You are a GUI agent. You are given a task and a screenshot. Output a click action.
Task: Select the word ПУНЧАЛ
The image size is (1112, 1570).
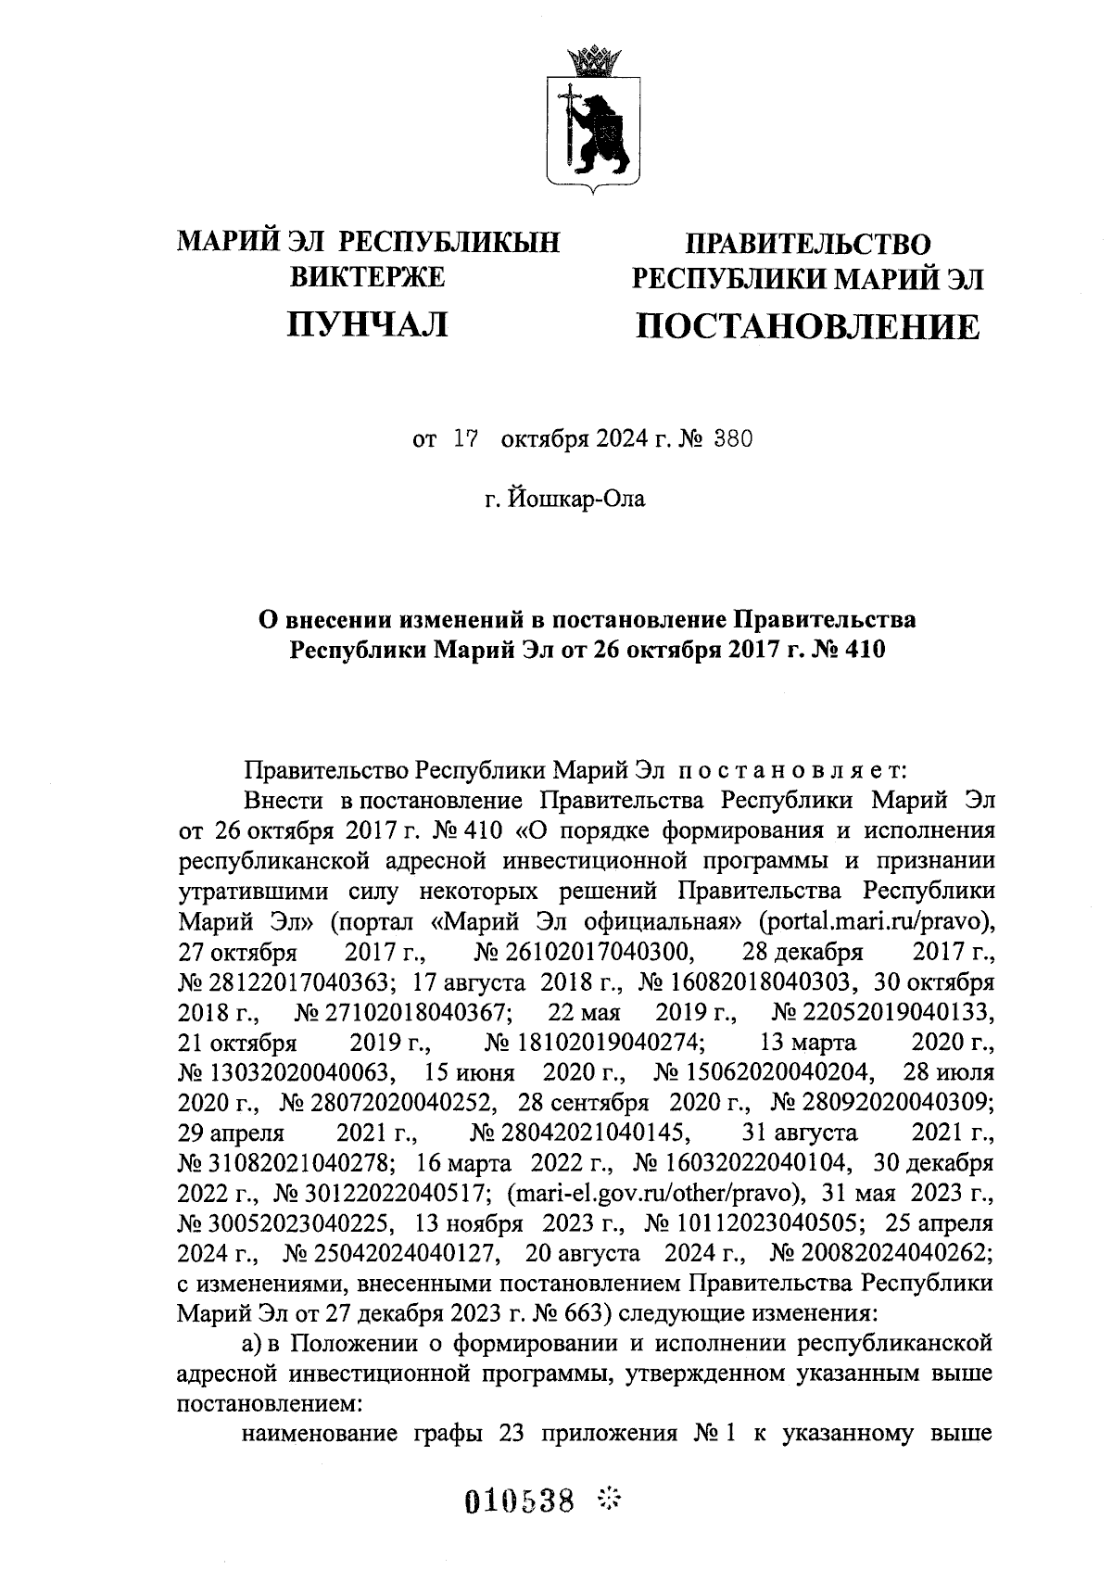click(368, 324)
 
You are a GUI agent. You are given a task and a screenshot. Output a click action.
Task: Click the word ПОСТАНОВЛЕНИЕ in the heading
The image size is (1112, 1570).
click(806, 327)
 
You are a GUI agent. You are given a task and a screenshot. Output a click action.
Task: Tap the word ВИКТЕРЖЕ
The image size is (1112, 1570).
click(368, 276)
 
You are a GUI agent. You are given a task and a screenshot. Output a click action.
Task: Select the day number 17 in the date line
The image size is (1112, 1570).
click(464, 440)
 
